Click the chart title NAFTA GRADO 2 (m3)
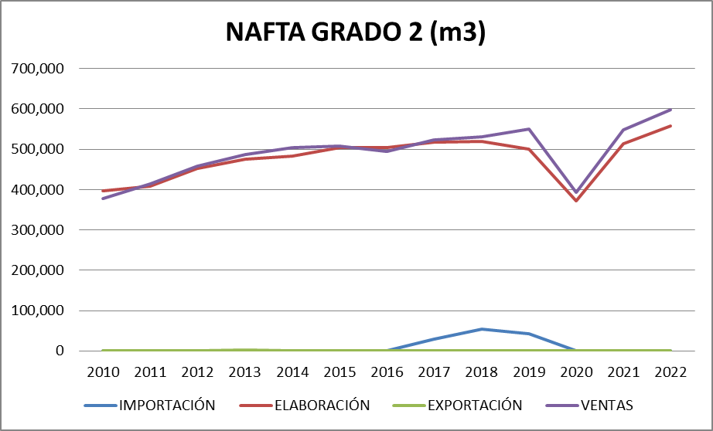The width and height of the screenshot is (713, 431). [x=356, y=32]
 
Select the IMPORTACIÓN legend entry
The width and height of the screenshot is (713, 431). [x=166, y=405]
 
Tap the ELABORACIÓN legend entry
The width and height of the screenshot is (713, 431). [x=320, y=405]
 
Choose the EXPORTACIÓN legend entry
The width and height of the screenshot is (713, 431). [x=475, y=405]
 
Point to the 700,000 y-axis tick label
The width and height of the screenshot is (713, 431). [x=38, y=69]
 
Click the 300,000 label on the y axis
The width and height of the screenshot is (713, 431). [x=38, y=230]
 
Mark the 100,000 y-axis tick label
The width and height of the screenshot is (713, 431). [x=38, y=311]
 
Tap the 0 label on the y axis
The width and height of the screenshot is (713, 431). [x=59, y=351]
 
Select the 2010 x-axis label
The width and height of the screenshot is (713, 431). [x=103, y=371]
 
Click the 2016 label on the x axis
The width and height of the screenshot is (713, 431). [x=387, y=371]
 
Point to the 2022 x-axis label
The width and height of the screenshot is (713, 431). [x=670, y=371]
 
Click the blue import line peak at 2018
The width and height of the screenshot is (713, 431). [x=481, y=329]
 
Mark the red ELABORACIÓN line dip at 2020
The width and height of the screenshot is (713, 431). [x=576, y=201]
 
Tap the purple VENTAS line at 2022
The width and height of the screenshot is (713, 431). [x=670, y=110]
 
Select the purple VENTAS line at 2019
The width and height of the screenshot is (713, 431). [x=529, y=129]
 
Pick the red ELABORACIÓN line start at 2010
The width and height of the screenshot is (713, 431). [x=103, y=191]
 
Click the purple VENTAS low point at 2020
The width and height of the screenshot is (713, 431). [x=576, y=192]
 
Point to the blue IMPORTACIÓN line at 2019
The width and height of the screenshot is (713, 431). [x=529, y=334]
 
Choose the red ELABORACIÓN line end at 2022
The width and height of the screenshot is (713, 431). [x=670, y=126]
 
